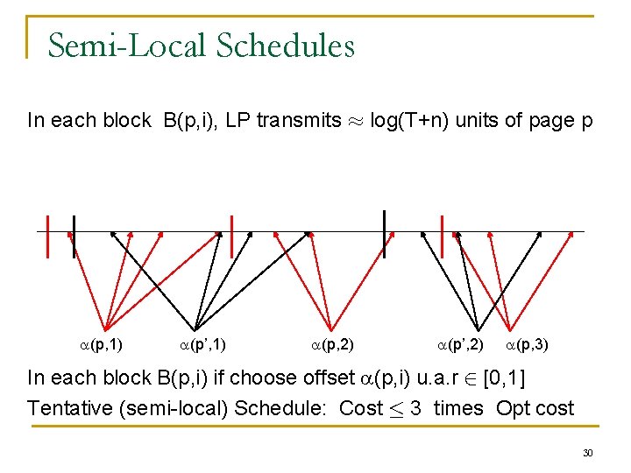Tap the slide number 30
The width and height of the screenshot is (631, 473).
click(589, 453)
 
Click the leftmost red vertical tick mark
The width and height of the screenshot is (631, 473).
click(47, 236)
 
